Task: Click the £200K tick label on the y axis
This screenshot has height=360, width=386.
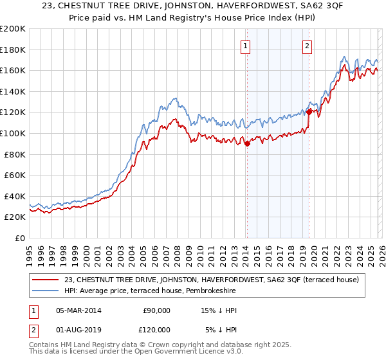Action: click(13, 29)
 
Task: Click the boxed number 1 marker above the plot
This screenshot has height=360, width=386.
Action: click(246, 46)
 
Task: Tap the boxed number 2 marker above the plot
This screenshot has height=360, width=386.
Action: click(308, 46)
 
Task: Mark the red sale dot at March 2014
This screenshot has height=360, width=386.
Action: click(247, 144)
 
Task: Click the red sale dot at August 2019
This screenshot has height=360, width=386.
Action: click(309, 112)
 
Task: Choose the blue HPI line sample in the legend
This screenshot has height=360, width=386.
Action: click(46, 291)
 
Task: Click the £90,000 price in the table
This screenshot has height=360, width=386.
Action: click(156, 310)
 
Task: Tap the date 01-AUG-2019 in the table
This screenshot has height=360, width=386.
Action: click(78, 329)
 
